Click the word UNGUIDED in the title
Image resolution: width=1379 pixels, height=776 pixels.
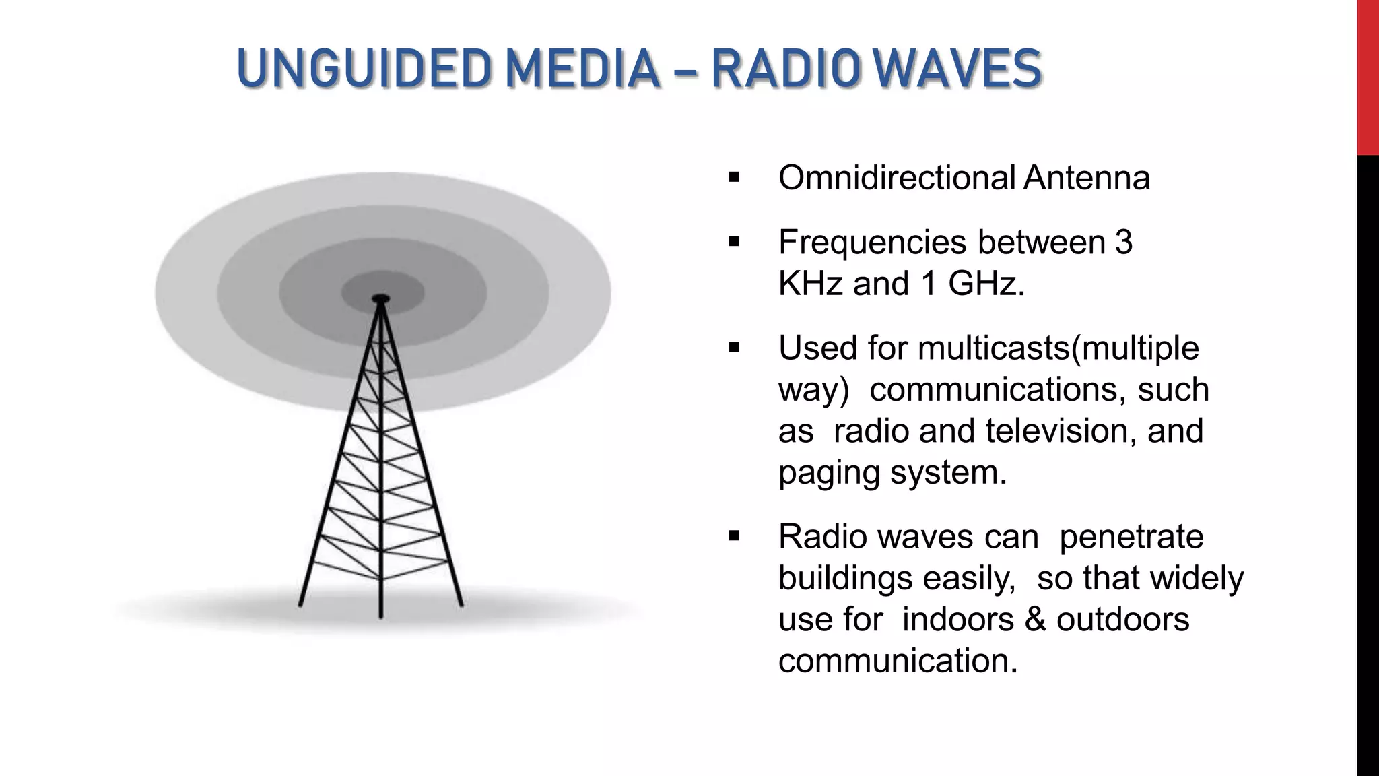[x=364, y=69]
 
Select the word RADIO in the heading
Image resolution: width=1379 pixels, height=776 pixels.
[x=785, y=69]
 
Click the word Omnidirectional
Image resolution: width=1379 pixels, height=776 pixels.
[x=896, y=178]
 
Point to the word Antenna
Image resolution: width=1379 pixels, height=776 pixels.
[x=1087, y=178]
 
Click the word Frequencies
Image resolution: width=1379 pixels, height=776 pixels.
[x=873, y=243]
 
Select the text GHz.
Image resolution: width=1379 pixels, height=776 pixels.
[x=986, y=284]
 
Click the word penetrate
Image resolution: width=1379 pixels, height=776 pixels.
[x=1131, y=537]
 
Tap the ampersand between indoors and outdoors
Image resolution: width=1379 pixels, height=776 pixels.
[x=1035, y=620]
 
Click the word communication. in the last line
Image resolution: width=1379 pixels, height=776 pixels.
[x=898, y=661]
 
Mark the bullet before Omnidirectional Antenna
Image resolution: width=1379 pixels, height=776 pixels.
[x=734, y=179]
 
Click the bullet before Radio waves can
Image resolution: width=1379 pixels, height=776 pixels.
[x=734, y=537]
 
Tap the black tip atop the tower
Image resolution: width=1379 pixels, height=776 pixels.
[x=381, y=298]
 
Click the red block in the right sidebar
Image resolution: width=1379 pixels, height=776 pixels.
[x=1368, y=77]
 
